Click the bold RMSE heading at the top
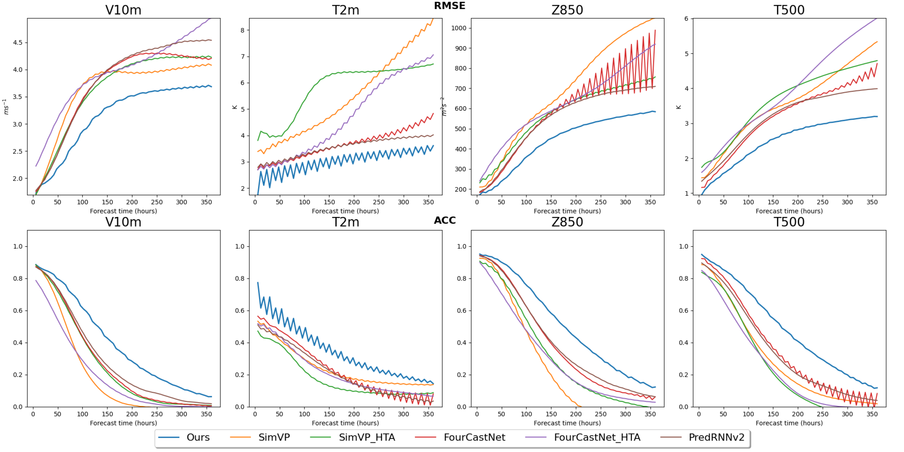point(449,6)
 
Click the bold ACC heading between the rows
point(445,220)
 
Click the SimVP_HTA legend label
point(367,437)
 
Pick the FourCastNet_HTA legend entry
point(597,437)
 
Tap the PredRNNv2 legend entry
point(716,437)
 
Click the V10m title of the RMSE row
point(123,10)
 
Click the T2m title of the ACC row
point(345,222)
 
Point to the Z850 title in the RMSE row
point(567,10)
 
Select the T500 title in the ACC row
point(789,222)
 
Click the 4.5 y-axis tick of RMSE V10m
point(18,43)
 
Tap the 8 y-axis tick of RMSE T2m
point(243,30)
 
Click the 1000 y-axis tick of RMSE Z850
point(459,28)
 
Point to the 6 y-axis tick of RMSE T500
point(686,19)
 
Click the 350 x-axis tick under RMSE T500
point(872,202)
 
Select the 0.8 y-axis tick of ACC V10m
point(18,279)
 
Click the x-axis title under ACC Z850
point(567,423)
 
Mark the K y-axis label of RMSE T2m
point(235,107)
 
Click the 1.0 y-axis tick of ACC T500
point(684,246)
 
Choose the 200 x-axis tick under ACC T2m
point(354,414)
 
